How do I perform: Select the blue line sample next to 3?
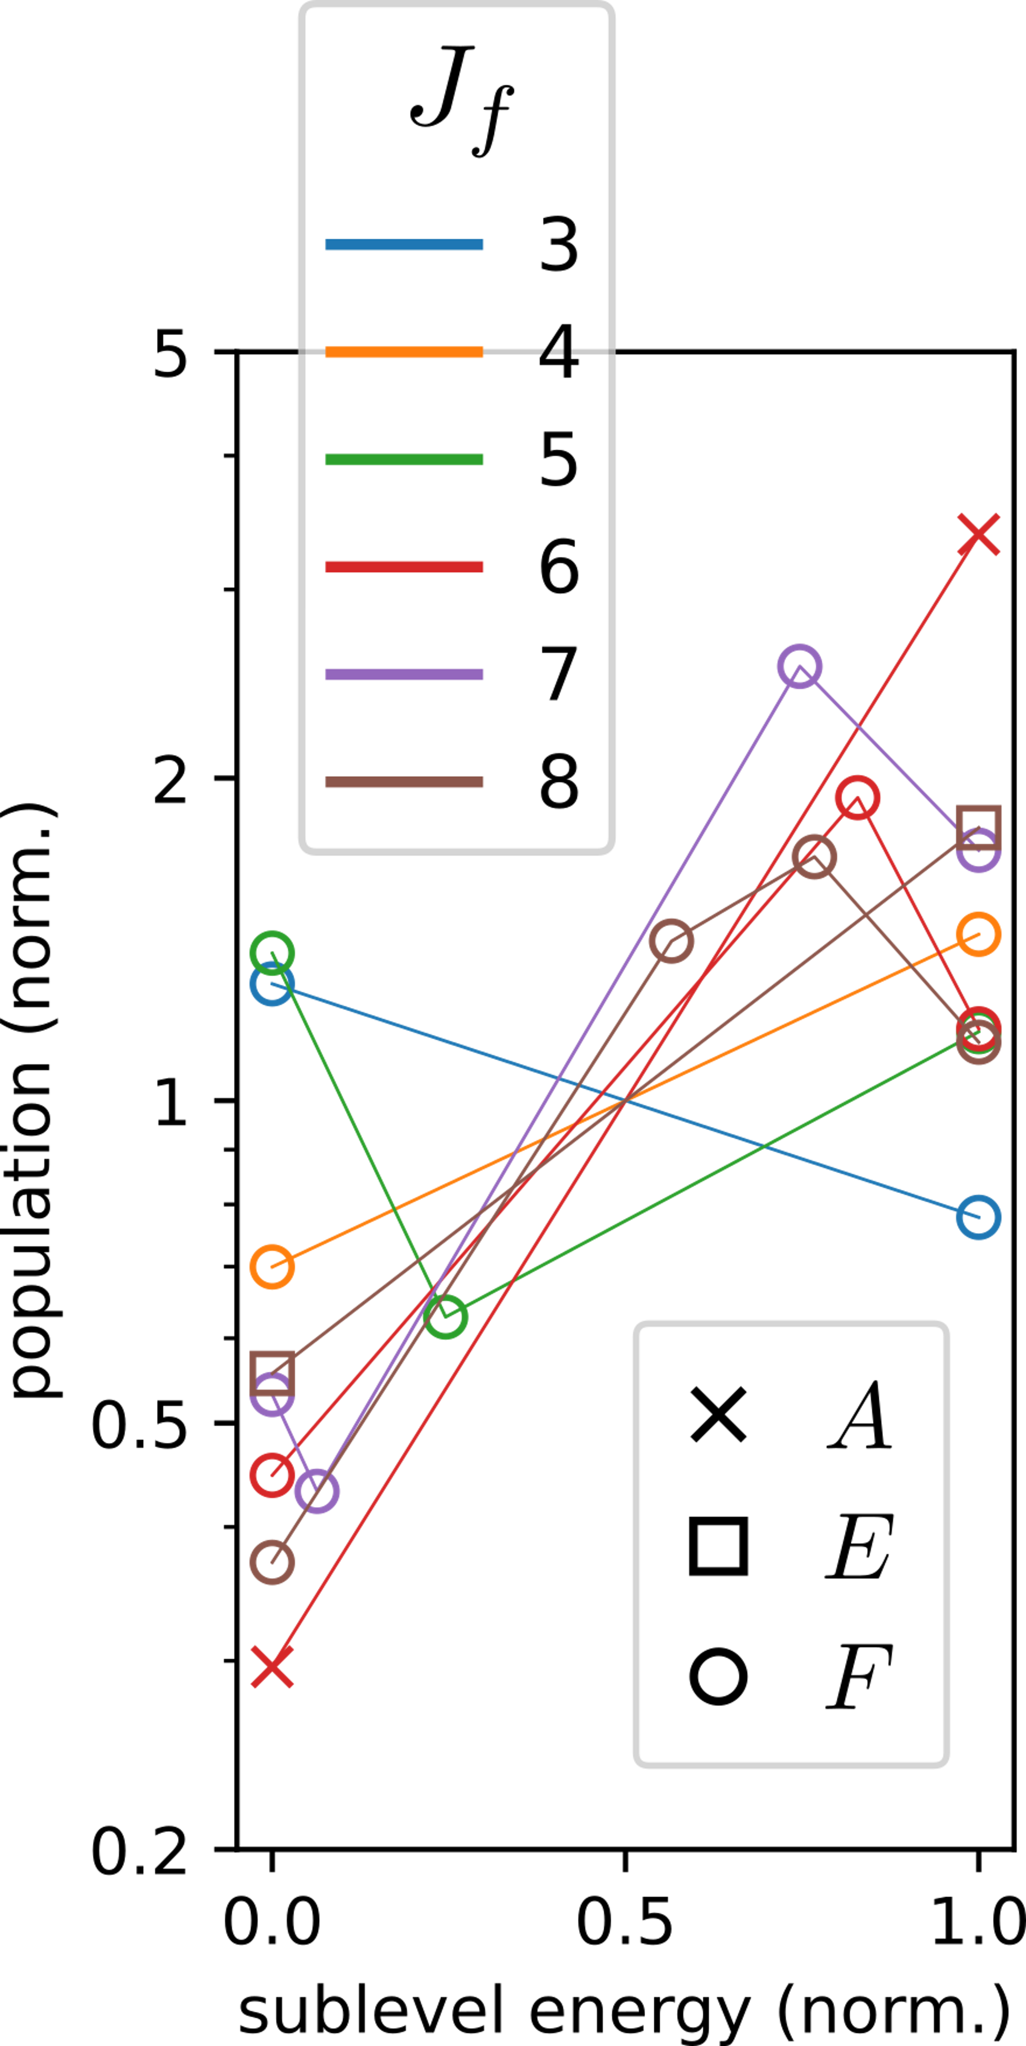tap(404, 244)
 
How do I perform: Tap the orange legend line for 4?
tap(404, 351)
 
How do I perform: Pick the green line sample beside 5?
tap(404, 459)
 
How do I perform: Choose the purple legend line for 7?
tap(404, 674)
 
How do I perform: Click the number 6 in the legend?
tap(559, 566)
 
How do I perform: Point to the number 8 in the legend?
tap(559, 782)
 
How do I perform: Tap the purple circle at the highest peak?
tap(799, 666)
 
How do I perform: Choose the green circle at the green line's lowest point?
tap(446, 1316)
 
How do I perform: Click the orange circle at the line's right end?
tap(978, 934)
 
